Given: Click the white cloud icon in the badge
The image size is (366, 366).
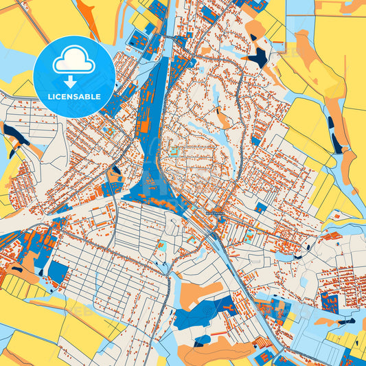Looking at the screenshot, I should pos(74,62).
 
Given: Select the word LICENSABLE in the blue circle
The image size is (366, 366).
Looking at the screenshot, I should pos(74,97).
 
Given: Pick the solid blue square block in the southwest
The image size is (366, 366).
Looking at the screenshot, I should pos(58,273).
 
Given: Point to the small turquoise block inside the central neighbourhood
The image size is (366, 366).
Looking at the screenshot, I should pos(174,151).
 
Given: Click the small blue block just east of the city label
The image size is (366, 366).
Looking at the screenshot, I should pos(260,206).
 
